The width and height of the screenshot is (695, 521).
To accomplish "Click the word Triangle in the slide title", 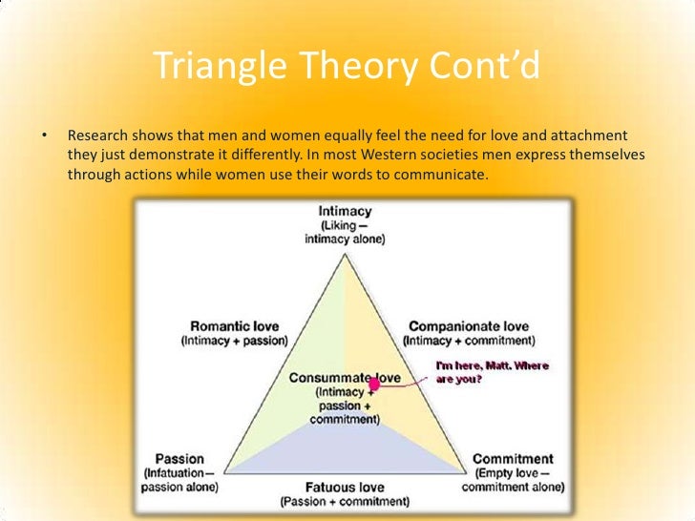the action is [x=219, y=67].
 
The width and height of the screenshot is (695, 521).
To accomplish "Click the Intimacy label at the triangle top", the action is [x=345, y=211].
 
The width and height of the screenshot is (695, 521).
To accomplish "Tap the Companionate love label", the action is [x=469, y=325].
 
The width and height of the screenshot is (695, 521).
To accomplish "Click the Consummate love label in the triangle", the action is [x=345, y=378].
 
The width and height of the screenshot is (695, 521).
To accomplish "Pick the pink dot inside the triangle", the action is [x=374, y=384].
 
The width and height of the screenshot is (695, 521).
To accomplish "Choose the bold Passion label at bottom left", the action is [x=179, y=458].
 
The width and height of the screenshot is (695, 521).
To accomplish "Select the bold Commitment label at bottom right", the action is [x=512, y=458].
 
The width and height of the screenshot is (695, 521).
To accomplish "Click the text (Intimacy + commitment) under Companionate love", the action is [x=469, y=341].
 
